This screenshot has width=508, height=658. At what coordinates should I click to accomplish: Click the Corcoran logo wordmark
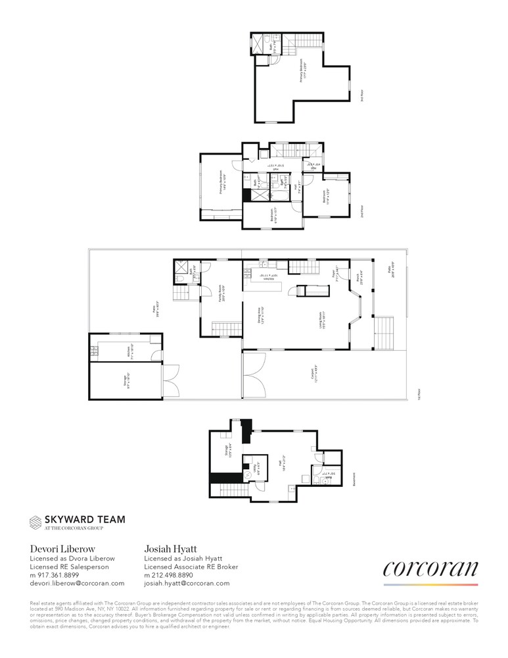(x=430, y=569)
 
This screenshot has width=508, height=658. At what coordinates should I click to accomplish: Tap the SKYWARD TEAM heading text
(x=84, y=519)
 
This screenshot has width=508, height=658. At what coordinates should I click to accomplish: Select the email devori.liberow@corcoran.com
(x=78, y=583)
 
